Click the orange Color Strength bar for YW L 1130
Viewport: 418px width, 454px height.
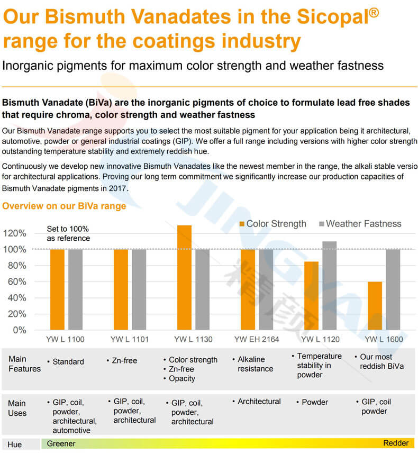pos(184,277)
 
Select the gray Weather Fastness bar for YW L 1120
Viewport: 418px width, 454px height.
pos(329,286)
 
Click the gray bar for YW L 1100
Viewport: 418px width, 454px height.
pos(75,289)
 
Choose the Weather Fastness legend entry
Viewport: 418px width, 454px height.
pos(359,224)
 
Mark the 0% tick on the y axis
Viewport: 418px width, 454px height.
pos(19,330)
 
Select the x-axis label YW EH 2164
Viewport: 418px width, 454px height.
pos(257,339)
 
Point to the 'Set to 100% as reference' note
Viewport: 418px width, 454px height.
pos(68,233)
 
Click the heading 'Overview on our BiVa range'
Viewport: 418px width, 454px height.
pos(64,206)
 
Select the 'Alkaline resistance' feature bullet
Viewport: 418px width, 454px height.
pos(256,364)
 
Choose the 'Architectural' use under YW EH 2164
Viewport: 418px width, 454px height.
pos(259,402)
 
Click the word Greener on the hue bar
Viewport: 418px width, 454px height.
pos(61,443)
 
